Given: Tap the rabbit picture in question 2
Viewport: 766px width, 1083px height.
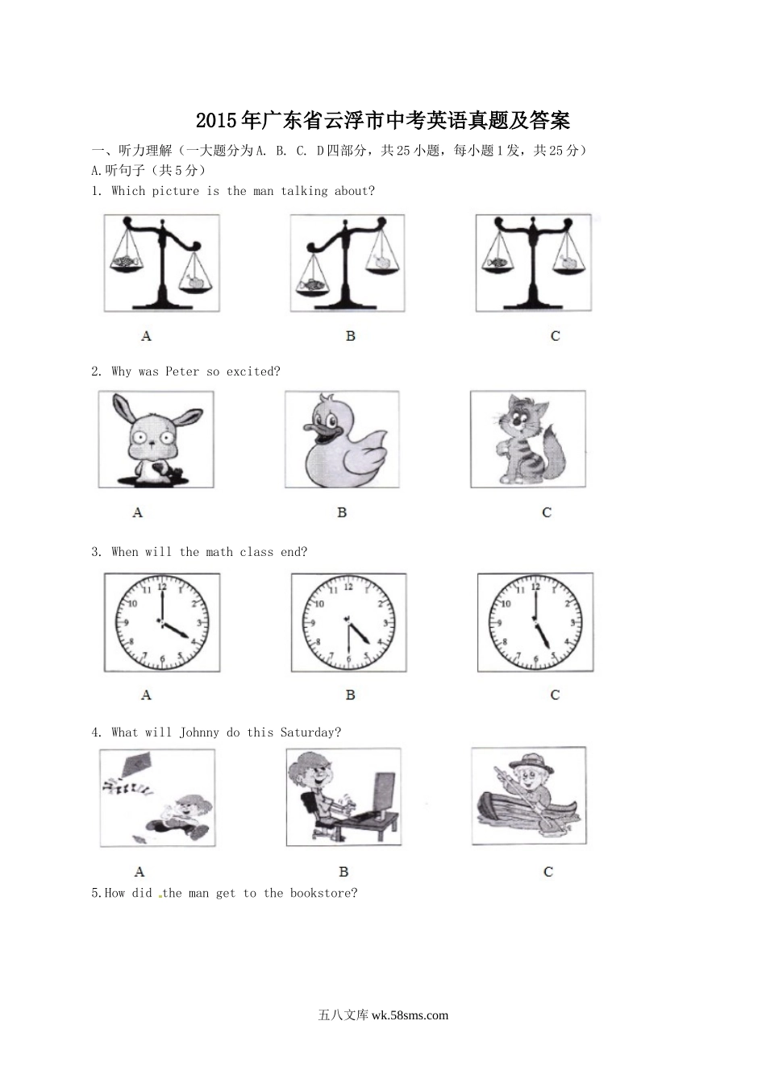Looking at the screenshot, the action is tap(156, 439).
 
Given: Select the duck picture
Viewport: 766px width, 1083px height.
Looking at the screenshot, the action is tap(342, 439).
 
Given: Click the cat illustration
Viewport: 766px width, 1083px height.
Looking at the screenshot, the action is tap(528, 439).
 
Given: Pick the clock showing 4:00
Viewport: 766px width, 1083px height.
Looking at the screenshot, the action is tap(162, 623).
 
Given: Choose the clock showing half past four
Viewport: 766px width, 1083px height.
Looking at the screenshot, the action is tap(349, 623).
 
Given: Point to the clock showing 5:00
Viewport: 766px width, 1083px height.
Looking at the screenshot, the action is tap(535, 623).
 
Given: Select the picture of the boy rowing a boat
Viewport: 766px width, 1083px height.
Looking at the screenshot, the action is tap(529, 796).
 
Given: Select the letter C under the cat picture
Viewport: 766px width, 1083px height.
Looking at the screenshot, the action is tap(547, 512).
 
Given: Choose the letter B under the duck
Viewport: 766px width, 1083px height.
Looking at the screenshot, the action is tap(342, 512).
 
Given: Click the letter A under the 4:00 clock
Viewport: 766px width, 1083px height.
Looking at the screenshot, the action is tap(146, 695).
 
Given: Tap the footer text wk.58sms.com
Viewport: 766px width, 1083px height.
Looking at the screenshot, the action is tap(410, 1015).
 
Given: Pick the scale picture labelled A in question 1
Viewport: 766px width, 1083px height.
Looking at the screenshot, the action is tap(161, 263).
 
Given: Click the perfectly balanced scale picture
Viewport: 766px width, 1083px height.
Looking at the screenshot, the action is tap(533, 263).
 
